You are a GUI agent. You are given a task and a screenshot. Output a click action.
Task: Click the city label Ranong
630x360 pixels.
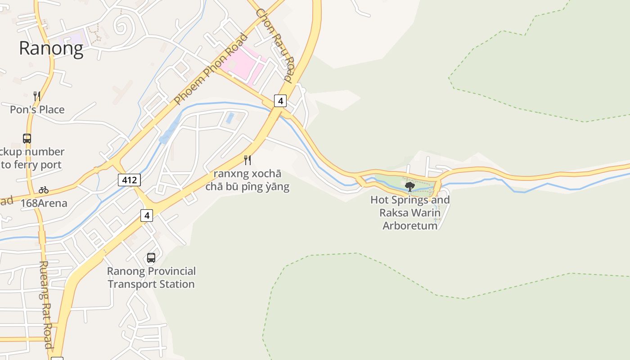(x=51, y=49)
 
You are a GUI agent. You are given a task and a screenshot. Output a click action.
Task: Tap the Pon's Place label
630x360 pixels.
(x=37, y=109)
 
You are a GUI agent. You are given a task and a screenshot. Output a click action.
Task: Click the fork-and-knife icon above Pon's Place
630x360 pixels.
(x=37, y=96)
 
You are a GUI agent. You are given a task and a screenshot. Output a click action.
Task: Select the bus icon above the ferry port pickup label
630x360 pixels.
(x=27, y=139)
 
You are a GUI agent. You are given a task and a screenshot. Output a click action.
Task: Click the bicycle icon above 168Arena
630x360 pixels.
(x=44, y=190)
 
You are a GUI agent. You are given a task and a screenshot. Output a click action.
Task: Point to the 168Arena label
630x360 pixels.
(x=44, y=203)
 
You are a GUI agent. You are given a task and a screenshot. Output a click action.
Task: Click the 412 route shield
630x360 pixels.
(x=130, y=180)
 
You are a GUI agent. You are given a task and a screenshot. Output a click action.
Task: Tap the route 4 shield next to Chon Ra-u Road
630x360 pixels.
(x=280, y=101)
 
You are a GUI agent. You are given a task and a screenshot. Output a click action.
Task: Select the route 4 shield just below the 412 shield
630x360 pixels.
(x=147, y=216)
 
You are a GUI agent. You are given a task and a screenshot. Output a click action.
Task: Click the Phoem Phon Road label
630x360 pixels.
(x=211, y=69)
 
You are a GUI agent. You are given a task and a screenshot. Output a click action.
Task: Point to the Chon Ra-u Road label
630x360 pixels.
(x=274, y=45)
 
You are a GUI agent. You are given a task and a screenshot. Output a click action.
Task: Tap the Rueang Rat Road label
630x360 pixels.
(x=46, y=305)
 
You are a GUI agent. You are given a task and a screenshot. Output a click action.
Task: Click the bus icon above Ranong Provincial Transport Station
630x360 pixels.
(x=151, y=258)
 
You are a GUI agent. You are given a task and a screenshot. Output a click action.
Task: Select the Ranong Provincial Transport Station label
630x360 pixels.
(x=151, y=278)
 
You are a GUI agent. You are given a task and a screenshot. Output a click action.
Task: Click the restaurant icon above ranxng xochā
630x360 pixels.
(x=247, y=160)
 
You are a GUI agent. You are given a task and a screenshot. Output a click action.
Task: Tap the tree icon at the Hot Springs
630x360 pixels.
(x=409, y=186)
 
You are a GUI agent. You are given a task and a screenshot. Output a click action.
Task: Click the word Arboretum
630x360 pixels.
(x=410, y=225)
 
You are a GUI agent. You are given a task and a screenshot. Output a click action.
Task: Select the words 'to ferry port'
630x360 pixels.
(x=31, y=165)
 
